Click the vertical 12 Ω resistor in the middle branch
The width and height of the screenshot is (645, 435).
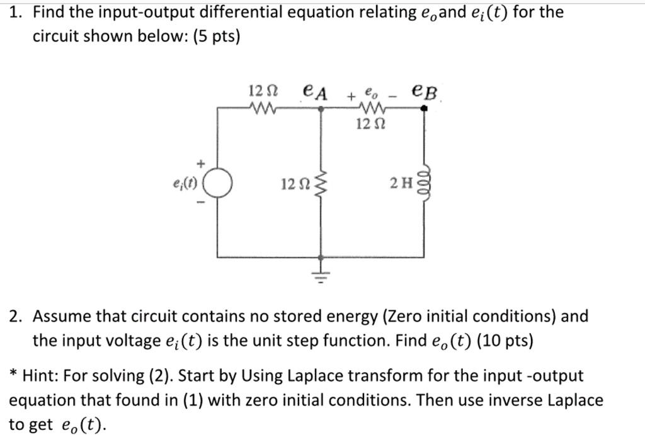pos(322,184)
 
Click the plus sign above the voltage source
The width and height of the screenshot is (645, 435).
pos(201,163)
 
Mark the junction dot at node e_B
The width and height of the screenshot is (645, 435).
pos(424,108)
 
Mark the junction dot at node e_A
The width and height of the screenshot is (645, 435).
pos(322,108)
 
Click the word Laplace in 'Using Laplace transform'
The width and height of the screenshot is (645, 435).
pos(318,376)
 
